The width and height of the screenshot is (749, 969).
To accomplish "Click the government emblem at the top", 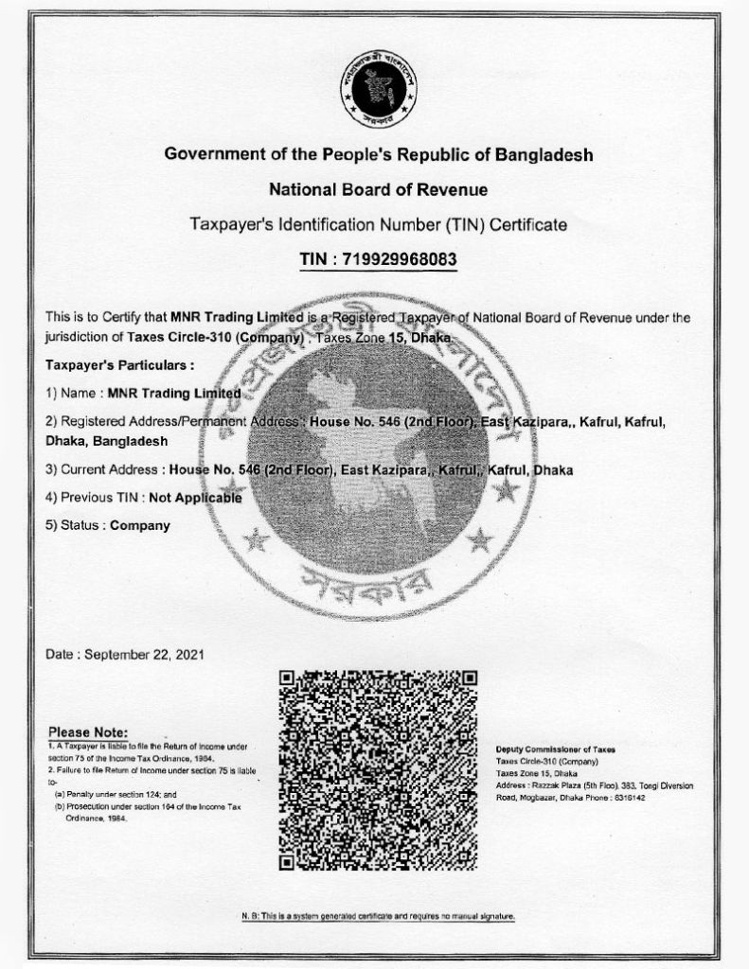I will pyautogui.click(x=378, y=90).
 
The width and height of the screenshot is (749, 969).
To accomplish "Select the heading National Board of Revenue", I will pyautogui.click(x=378, y=189).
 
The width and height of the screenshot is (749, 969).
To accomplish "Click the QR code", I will pyautogui.click(x=378, y=769).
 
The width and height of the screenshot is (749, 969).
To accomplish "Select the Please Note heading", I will pyautogui.click(x=87, y=732).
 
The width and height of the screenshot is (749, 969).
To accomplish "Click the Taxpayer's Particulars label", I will pyautogui.click(x=119, y=364).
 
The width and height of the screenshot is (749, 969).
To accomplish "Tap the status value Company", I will pyautogui.click(x=140, y=525).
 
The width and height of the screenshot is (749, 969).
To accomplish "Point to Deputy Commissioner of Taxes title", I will pyautogui.click(x=555, y=749).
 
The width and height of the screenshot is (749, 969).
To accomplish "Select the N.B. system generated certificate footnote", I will pyautogui.click(x=378, y=917).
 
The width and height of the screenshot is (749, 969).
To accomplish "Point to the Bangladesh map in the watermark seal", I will pyautogui.click(x=367, y=445).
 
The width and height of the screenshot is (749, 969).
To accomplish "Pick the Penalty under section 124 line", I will pyautogui.click(x=116, y=795).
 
